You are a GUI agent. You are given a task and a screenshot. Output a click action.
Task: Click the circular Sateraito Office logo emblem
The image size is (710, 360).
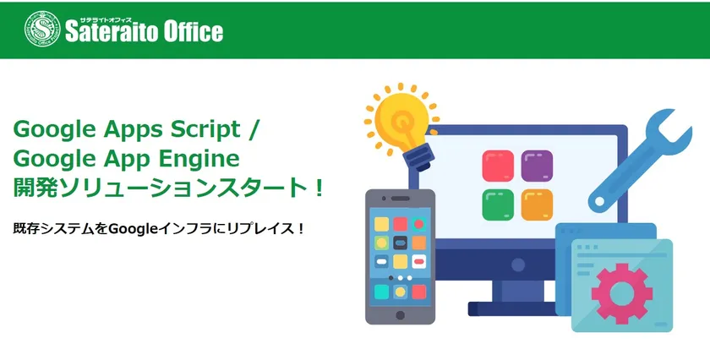(x=42, y=29)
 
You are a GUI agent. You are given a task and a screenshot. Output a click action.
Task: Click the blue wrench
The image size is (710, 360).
(x=641, y=160)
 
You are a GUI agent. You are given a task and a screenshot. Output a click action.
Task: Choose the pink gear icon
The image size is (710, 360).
(x=622, y=294)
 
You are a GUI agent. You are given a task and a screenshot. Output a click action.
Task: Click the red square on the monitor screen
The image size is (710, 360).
(x=498, y=166)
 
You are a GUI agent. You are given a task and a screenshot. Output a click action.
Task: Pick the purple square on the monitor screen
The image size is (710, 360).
(x=537, y=166)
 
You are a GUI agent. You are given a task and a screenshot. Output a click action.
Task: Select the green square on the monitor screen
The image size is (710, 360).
(x=498, y=205)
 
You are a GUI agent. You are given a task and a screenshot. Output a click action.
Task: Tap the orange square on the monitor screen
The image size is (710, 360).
(x=537, y=205)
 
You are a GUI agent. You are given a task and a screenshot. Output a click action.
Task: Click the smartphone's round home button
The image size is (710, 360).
(x=401, y=315)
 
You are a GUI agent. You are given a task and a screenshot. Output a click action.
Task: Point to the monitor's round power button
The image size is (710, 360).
(x=518, y=265)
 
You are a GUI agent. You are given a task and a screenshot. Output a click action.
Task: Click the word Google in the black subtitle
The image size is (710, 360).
(x=134, y=229)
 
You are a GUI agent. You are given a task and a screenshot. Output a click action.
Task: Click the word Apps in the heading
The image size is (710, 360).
(x=134, y=131)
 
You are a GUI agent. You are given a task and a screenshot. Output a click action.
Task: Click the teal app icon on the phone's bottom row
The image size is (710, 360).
(x=381, y=292)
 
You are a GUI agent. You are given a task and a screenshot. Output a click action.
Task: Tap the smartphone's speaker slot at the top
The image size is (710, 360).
(x=401, y=199)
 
